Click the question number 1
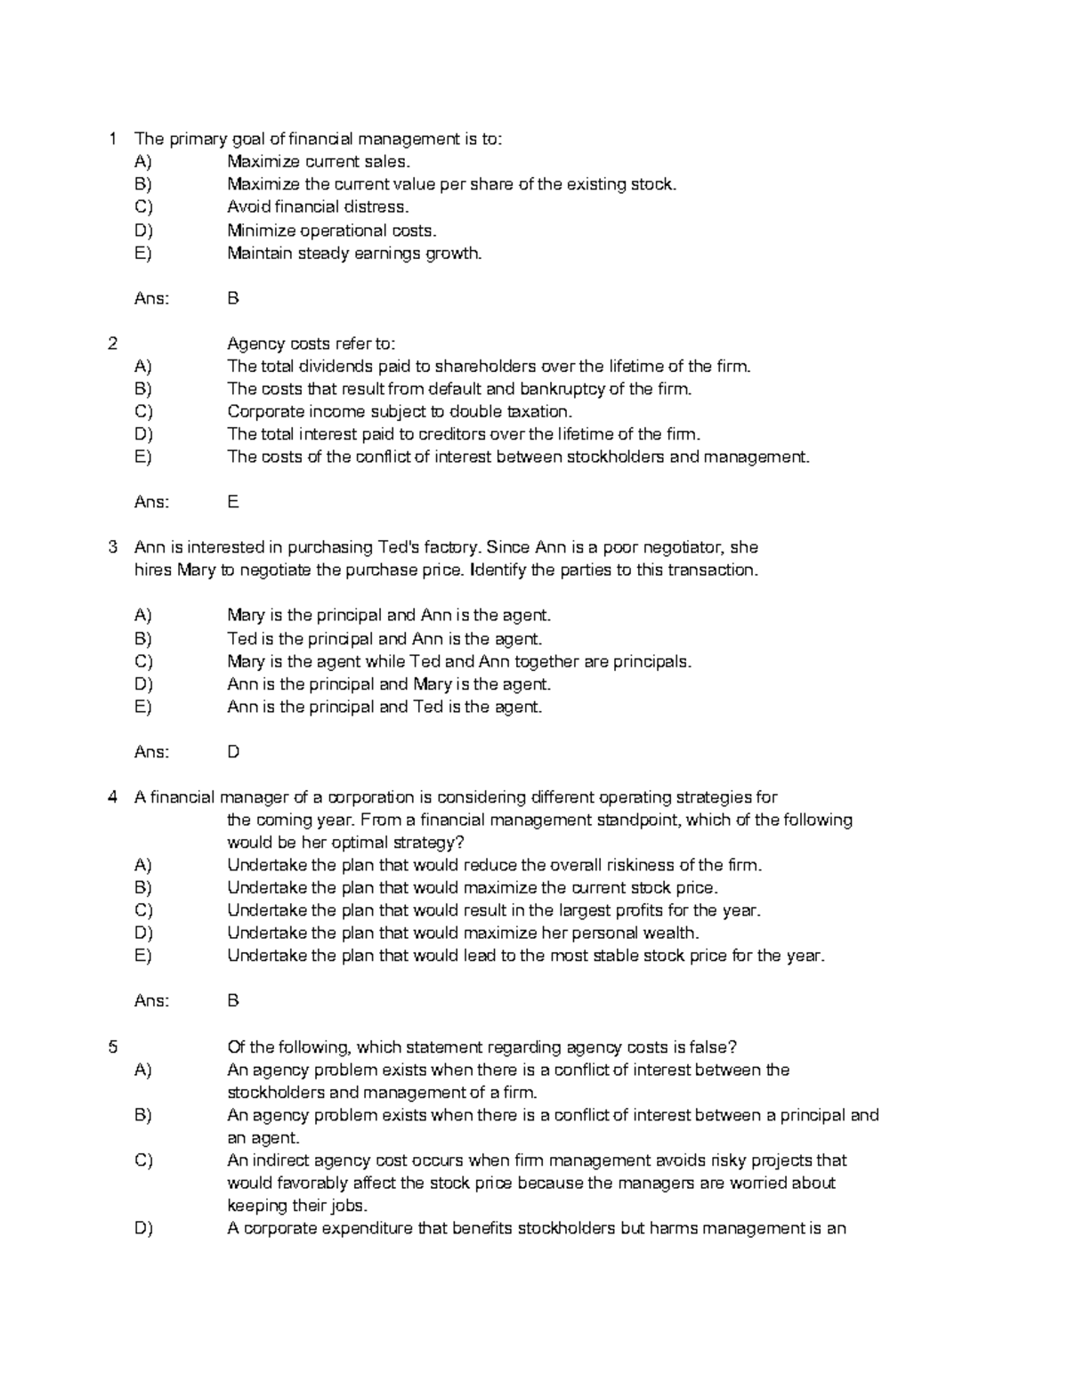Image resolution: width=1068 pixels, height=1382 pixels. pos(112,139)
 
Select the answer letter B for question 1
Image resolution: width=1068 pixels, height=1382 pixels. pos(233,298)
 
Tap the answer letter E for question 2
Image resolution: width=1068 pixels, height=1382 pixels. pos(233,502)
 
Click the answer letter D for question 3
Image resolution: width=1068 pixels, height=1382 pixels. pos(233,752)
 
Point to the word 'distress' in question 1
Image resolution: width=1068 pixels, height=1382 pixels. pos(380,207)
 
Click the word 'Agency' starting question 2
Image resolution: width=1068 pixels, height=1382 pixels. pos(252,343)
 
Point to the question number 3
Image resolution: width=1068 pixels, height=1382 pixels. pos(112,547)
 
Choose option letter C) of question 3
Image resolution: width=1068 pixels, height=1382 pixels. pos(143,661)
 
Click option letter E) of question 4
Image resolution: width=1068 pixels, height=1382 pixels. pos(143,956)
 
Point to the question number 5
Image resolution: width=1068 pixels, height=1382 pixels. pos(112,1047)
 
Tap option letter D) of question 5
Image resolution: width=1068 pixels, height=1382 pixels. pos(143,1229)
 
